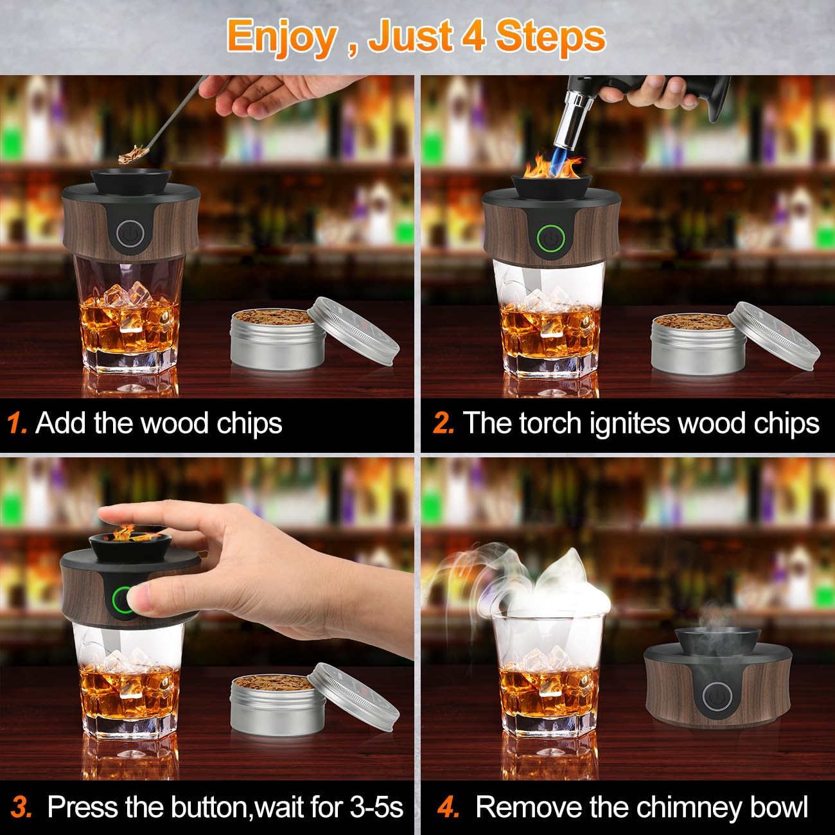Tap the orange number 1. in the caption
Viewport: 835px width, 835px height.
click(x=17, y=424)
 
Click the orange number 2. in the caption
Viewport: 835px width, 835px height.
click(x=444, y=424)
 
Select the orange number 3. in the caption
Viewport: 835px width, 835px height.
click(x=22, y=807)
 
